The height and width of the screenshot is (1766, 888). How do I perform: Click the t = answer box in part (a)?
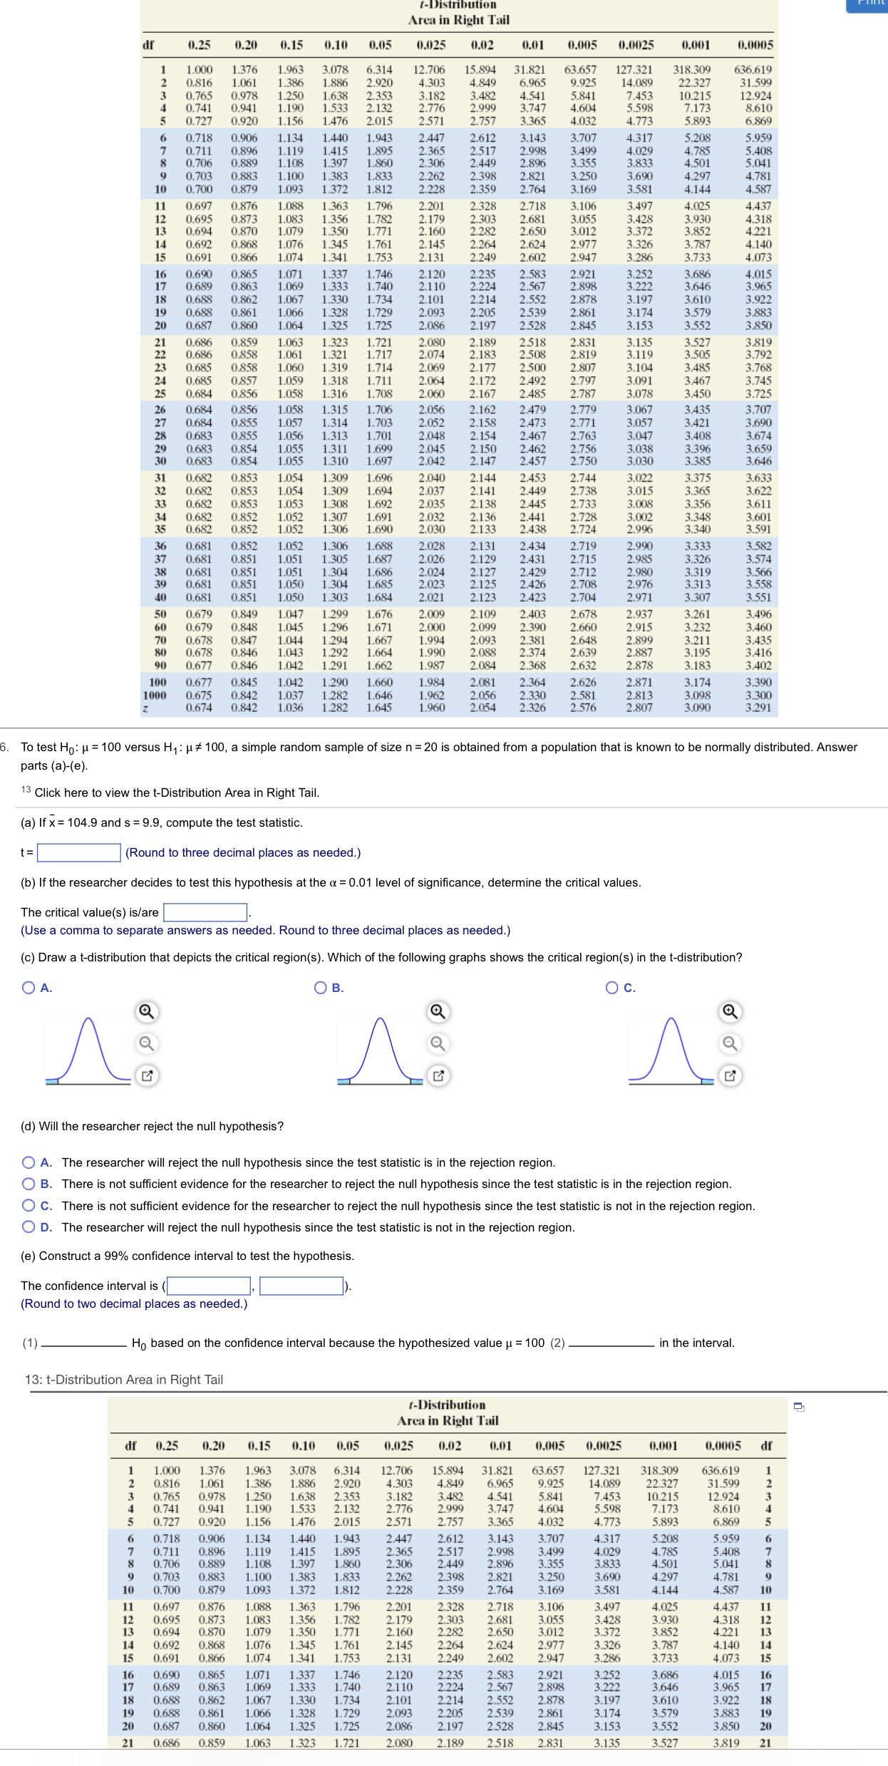point(78,852)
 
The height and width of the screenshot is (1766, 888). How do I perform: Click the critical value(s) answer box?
point(205,912)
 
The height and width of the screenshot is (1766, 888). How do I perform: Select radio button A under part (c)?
point(29,988)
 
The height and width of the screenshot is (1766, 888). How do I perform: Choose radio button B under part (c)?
point(321,988)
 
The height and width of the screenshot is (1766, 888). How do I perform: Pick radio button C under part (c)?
point(611,988)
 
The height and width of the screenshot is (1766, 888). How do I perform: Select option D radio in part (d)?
point(29,1227)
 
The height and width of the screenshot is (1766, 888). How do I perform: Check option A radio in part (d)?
point(29,1162)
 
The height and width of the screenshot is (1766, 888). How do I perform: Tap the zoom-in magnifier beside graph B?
point(438,1012)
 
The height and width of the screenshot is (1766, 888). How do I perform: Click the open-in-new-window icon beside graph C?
point(729,1076)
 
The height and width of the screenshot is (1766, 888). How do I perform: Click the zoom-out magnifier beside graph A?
point(146,1044)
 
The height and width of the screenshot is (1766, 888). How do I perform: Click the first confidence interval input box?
point(209,1286)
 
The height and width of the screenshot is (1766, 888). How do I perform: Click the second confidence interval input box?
point(301,1286)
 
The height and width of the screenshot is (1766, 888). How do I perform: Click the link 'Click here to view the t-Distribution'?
point(177,792)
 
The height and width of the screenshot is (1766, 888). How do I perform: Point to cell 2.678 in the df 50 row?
point(583,614)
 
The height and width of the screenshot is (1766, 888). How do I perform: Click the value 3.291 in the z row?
point(758,708)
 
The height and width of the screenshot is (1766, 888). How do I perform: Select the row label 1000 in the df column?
point(155,695)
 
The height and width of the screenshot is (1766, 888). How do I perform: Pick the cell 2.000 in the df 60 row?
point(431,627)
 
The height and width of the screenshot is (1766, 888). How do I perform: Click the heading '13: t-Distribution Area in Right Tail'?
point(124,1380)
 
